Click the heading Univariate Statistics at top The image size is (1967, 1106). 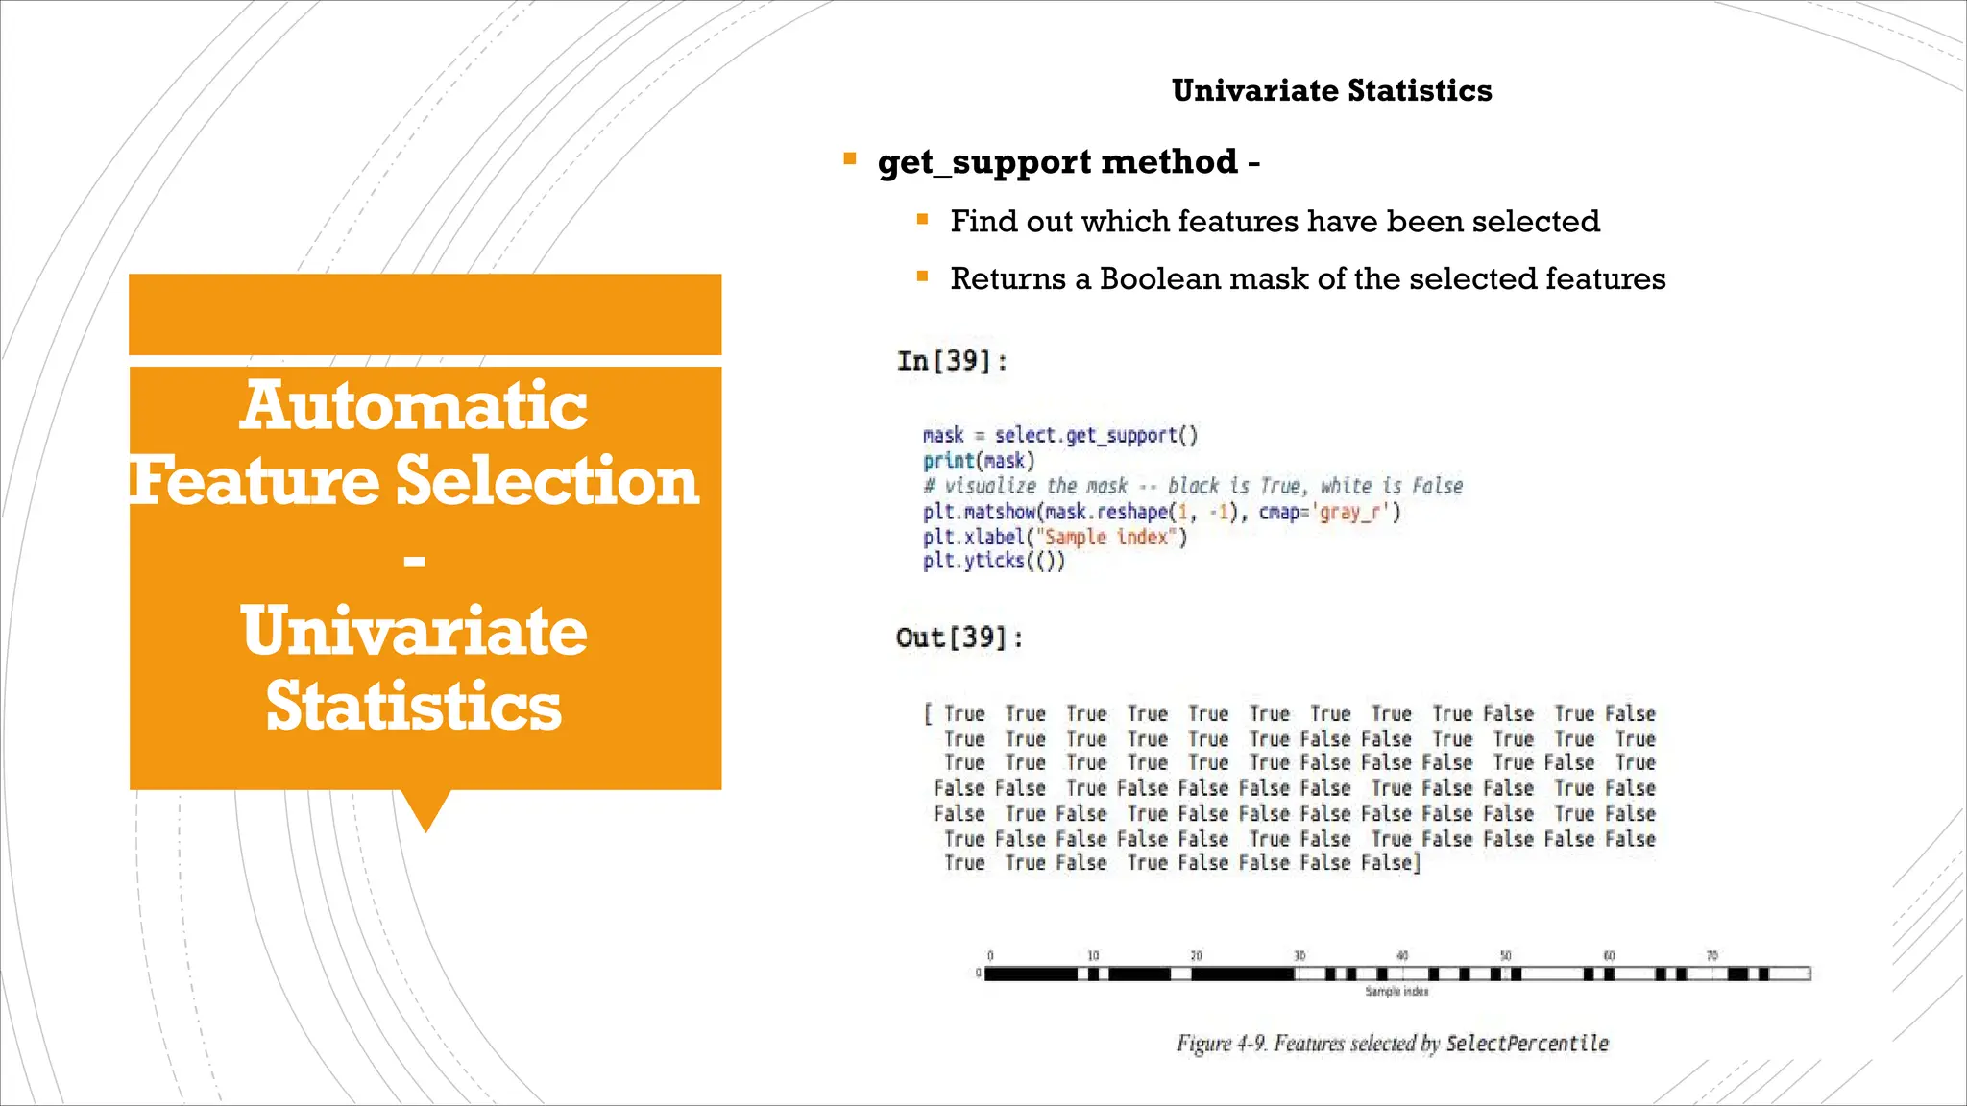1331,90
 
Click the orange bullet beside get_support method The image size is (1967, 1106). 849,159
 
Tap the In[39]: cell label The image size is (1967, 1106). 952,361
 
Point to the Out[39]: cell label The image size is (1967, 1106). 959,637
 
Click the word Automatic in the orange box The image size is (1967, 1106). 414,405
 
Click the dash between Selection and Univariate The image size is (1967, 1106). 415,560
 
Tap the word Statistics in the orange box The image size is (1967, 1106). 414,706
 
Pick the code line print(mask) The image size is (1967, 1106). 979,461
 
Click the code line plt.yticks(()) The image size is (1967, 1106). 994,561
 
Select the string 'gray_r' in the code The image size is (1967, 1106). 1356,512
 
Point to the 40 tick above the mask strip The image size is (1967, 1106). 1402,956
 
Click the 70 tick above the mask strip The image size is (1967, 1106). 1712,956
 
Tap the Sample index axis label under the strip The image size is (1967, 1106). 1396,992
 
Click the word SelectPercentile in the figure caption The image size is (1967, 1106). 1527,1044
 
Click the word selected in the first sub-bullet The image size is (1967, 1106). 1536,222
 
